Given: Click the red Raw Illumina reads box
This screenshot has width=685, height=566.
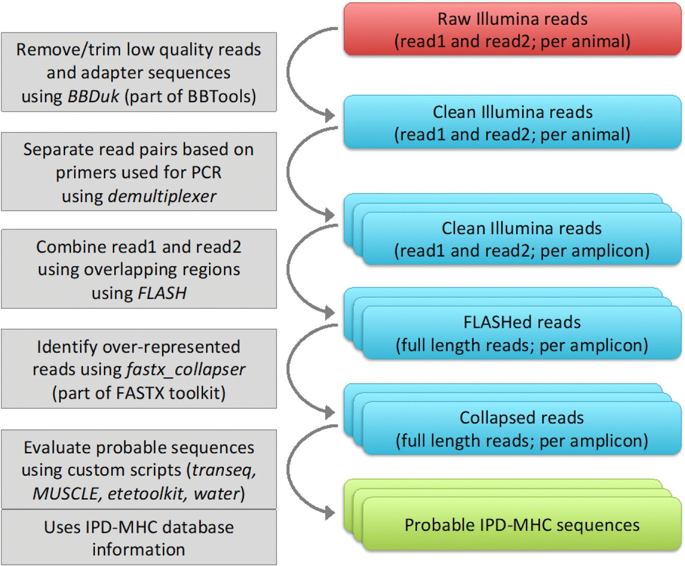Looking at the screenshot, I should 512,30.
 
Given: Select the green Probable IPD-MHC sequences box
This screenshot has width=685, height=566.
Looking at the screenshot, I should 521,525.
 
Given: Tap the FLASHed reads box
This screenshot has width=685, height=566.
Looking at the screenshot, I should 521,333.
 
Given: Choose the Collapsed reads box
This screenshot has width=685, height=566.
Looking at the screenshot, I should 521,429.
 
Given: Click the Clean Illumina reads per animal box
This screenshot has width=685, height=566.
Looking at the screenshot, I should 512,122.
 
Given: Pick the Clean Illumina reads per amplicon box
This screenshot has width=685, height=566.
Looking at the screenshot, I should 521,239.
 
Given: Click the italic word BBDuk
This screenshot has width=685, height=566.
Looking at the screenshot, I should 93,96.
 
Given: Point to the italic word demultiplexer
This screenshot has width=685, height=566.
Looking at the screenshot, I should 162,196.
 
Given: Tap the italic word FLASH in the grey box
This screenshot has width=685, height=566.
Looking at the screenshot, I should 162,293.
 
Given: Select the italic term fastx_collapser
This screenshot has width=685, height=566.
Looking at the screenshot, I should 186,369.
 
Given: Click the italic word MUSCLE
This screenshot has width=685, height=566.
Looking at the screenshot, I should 66,494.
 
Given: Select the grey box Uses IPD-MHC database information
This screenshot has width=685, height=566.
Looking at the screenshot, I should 138,538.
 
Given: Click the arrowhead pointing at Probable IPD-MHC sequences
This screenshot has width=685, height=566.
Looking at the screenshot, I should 330,512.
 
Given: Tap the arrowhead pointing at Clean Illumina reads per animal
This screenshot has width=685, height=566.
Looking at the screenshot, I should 330,115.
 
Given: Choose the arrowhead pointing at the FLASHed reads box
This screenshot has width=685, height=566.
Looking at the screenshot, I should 330,312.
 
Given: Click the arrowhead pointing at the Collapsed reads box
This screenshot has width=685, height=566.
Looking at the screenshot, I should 330,412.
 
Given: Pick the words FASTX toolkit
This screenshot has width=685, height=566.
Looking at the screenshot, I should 170,393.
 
